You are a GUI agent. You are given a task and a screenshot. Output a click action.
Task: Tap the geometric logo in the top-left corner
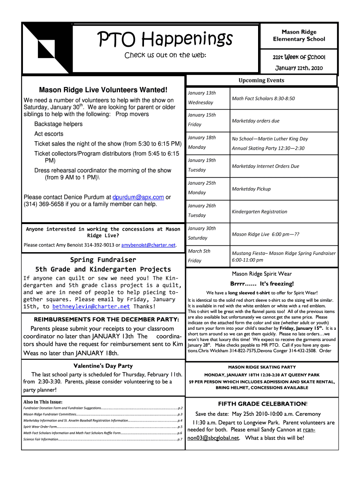tap(47, 47)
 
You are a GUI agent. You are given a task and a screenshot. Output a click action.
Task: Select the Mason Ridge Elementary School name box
tap(299, 36)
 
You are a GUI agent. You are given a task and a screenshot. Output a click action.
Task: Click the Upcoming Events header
tap(261, 80)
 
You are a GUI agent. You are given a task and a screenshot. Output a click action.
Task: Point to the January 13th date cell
tap(202, 93)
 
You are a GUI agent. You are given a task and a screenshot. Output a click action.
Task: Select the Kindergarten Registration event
tap(259, 211)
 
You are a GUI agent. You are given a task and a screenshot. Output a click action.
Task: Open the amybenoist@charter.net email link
tap(148, 245)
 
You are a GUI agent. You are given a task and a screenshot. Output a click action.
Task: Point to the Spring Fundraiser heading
tap(103, 260)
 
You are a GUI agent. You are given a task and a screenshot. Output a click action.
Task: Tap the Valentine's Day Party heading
tap(103, 366)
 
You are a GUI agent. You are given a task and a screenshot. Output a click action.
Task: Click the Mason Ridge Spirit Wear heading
tap(261, 274)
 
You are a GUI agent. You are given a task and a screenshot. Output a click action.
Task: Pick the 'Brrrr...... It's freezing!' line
tap(261, 284)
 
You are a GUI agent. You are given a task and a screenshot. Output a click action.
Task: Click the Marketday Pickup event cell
tap(251, 189)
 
